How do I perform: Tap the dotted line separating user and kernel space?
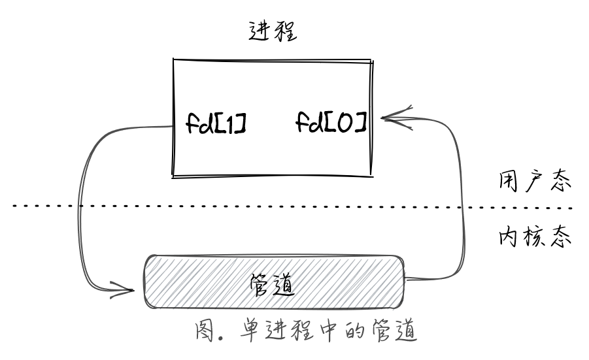pos(294,207)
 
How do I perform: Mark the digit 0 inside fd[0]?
pos(345,122)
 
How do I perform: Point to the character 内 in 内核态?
pos(505,237)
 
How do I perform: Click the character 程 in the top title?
pos(286,31)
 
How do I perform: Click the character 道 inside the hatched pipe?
pos(287,284)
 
